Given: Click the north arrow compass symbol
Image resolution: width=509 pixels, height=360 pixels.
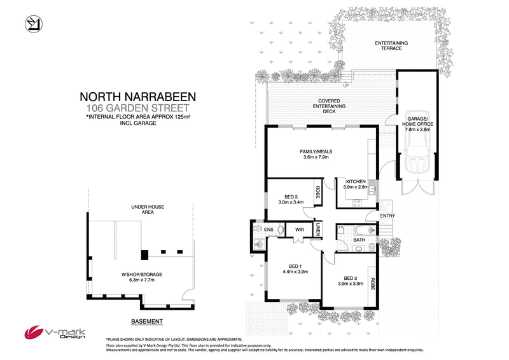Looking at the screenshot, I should tap(32, 24).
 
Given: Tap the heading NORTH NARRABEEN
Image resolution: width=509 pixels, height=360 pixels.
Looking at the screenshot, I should tap(138, 97).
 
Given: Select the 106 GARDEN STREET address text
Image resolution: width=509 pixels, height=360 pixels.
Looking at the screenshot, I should tap(138, 108).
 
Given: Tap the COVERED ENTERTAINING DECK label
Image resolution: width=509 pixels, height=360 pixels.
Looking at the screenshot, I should tap(328, 106).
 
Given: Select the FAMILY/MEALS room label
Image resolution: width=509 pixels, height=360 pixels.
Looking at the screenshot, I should tap(316, 151).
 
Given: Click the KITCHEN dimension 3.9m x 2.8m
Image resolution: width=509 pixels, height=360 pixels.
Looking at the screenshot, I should tap(356, 188).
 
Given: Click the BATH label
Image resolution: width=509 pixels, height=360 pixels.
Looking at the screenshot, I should tap(359, 240).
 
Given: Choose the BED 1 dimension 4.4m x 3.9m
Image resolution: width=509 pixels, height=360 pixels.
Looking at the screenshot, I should tap(295, 272).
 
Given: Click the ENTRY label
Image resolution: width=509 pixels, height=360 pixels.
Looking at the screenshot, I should tap(387, 216).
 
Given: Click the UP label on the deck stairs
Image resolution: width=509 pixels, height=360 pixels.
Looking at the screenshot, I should tap(347, 85).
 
